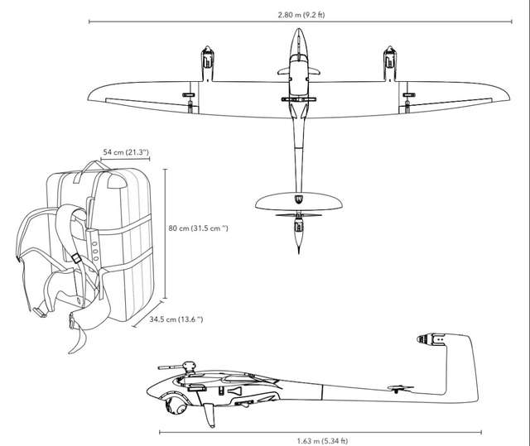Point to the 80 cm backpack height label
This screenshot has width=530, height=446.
coord(199,228)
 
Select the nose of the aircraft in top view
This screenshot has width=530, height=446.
coord(297,37)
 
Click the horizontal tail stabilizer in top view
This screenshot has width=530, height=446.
coord(297,204)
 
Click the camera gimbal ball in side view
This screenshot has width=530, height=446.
coord(176,405)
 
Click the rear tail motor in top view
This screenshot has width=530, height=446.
coord(297,224)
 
